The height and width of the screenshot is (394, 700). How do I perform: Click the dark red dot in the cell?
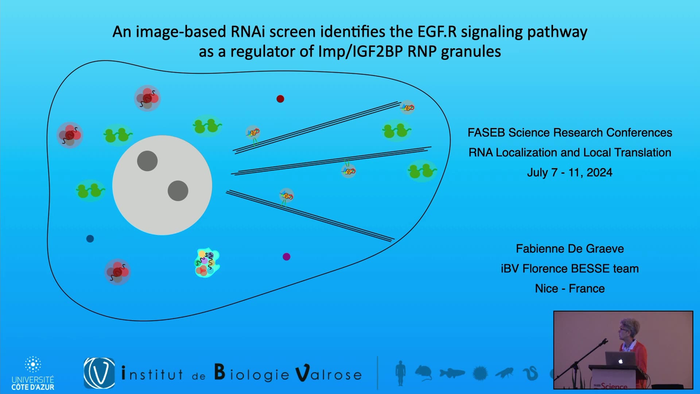[280, 99]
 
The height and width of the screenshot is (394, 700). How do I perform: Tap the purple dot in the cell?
[287, 257]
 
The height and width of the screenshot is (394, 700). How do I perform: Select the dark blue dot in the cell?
[90, 239]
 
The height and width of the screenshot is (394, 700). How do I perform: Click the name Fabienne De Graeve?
[570, 249]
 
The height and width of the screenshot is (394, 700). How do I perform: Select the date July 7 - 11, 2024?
[570, 172]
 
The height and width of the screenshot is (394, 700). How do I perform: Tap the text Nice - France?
[570, 289]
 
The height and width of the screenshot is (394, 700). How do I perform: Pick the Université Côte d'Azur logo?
[33, 373]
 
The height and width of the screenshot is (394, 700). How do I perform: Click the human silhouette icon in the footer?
[400, 373]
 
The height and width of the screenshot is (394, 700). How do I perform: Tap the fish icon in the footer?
[452, 373]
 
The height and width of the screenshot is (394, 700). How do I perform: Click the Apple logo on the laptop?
[621, 361]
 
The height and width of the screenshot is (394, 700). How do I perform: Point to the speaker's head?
[629, 330]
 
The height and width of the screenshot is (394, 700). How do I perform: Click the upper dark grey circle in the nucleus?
[147, 161]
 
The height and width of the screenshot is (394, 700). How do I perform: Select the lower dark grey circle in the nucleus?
[178, 191]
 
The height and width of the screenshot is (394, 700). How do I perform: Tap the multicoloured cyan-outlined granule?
[207, 263]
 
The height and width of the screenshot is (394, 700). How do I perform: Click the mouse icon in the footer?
[423, 373]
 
